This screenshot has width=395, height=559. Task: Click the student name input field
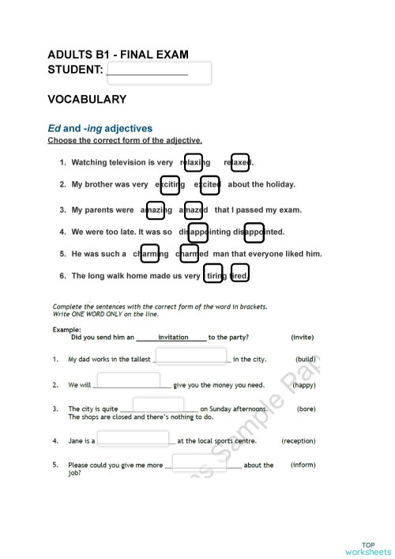(158, 73)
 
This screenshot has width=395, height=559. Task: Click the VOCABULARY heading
(87, 100)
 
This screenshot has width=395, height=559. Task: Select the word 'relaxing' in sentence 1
(194, 162)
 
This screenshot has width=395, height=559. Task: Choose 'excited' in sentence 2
(209, 184)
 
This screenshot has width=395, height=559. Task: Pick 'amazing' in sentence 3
(156, 210)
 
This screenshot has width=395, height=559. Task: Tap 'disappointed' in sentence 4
(254, 232)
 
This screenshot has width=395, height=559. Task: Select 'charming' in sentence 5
(149, 254)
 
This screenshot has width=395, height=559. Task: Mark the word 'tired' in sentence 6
(239, 275)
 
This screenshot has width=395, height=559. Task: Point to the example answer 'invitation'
(173, 337)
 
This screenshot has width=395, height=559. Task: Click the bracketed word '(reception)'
(299, 441)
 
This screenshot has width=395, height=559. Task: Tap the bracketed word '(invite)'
(303, 337)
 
